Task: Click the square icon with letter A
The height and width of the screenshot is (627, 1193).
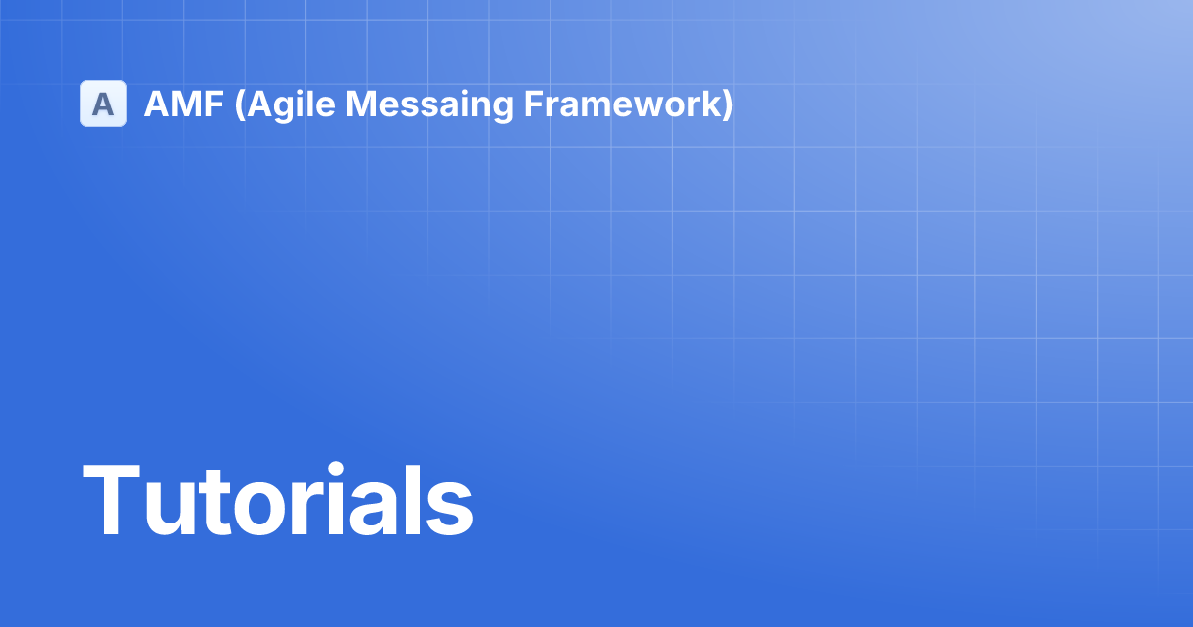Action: coord(103,104)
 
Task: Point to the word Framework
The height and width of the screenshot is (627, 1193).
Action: coord(621,104)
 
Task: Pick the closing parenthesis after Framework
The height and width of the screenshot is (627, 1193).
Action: coord(727,104)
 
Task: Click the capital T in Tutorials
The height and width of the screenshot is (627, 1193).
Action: coord(110,502)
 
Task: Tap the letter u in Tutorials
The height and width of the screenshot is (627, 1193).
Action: coord(168,512)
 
